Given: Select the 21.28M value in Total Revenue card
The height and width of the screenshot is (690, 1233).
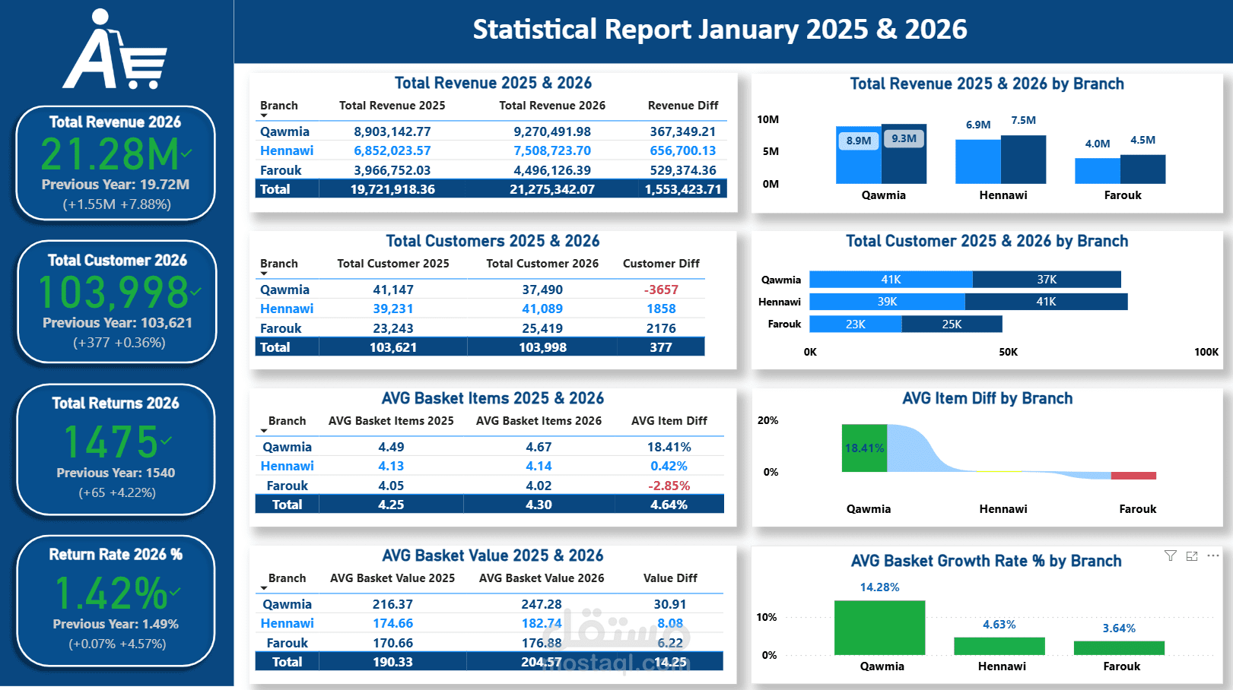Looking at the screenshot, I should pos(110,155).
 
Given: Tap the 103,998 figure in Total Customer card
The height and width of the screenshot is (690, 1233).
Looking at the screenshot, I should pos(113,293).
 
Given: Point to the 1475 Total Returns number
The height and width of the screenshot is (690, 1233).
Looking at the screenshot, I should pos(111,442).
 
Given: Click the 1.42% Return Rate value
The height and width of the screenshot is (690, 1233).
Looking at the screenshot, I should pos(111,593).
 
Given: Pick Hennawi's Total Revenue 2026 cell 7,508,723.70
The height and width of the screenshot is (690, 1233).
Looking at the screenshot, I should pos(551,150).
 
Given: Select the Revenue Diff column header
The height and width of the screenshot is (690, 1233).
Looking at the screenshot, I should pos(682,106).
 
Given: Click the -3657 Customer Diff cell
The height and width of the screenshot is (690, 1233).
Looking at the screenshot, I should pos(661,290).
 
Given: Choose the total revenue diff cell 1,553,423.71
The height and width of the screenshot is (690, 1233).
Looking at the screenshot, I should pos(682,189).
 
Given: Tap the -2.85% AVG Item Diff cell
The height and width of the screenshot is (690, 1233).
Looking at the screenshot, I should pos(669,486).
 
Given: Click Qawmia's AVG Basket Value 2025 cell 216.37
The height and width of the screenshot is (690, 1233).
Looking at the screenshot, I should pos(392,604).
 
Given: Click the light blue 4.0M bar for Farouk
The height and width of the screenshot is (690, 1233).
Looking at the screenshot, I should pos(1097,171).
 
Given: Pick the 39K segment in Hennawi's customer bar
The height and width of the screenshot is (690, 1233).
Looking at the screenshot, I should pos(887,302).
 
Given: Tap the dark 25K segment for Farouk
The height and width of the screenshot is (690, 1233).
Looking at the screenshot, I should pos(952,324).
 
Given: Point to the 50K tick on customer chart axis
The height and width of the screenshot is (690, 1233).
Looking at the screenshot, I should pos(1008,352).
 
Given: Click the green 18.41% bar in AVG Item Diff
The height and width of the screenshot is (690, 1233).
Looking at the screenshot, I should pos(864,448).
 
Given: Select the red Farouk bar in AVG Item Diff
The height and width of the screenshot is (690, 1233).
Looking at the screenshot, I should pos(1133,476).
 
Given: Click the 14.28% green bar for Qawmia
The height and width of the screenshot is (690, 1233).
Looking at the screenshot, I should pos(879,628).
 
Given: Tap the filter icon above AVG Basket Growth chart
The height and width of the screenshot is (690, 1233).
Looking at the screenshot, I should pos(1170,556).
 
